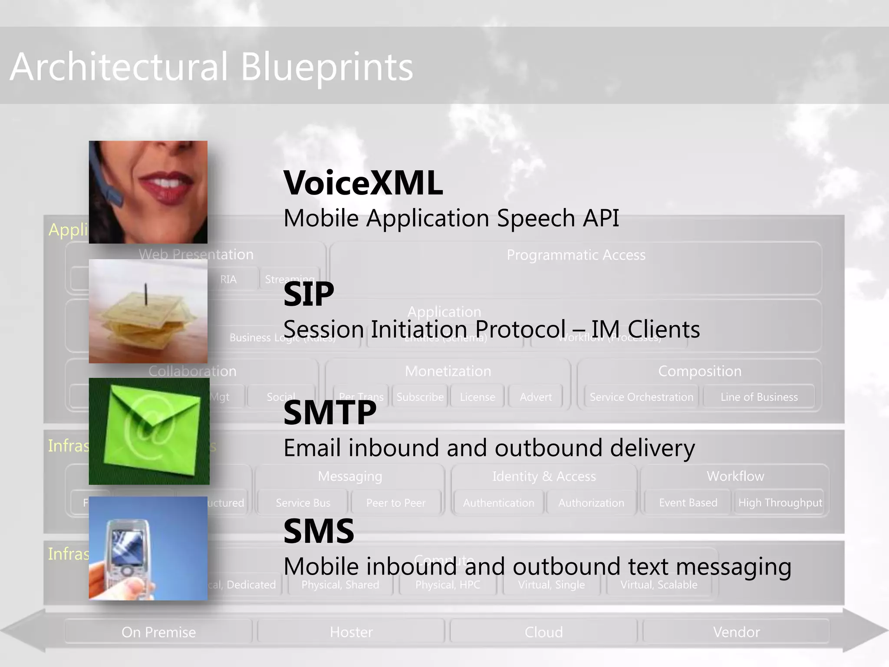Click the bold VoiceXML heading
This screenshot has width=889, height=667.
coord(363,183)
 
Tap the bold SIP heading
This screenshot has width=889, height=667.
coord(309,294)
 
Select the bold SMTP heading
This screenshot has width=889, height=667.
coord(330,413)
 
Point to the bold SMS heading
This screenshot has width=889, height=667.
coord(319,531)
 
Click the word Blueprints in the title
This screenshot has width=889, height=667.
coord(326,67)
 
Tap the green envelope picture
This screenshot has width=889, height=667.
coord(149,431)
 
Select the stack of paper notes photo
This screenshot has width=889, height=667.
coord(148,311)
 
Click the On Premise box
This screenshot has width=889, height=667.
coord(158,632)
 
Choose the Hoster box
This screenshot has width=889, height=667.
coord(351,632)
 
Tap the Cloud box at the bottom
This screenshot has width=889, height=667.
coord(543,632)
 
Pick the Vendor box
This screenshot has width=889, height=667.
coord(736,632)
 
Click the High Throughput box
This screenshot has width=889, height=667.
coord(780,503)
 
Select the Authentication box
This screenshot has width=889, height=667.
coord(498,503)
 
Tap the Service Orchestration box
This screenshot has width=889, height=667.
coord(641,397)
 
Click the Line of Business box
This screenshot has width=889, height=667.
coord(759,397)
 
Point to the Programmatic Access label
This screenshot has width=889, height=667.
coord(576,255)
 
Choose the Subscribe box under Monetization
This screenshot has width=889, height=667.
coord(420,397)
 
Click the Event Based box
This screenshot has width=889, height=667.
coord(688,503)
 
